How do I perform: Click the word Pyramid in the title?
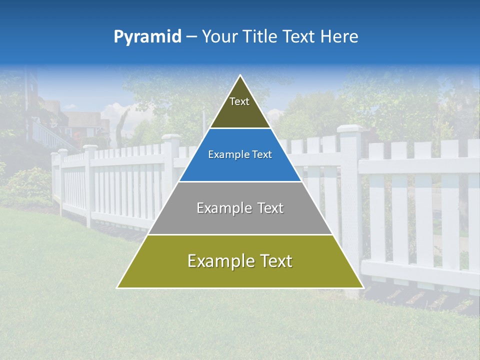(x=147, y=37)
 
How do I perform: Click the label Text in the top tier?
(x=239, y=101)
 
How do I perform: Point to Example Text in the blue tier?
(x=240, y=154)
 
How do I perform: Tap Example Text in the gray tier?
(x=240, y=208)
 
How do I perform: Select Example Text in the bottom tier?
(x=240, y=261)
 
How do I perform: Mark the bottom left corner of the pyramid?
(x=117, y=287)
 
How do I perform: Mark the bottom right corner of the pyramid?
(x=363, y=287)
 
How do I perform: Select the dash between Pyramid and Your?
(x=191, y=37)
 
